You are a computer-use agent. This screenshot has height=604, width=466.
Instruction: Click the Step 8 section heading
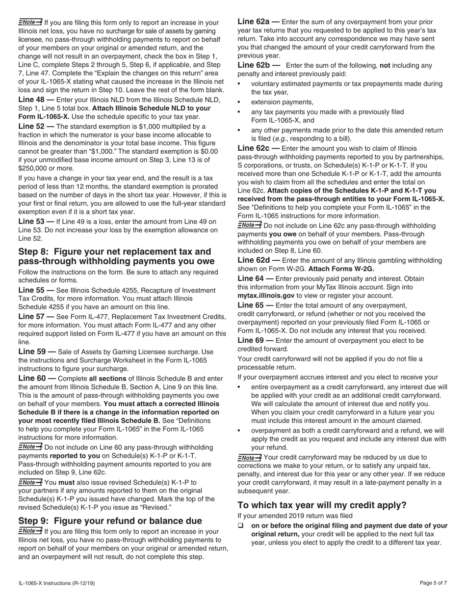(x=116, y=256)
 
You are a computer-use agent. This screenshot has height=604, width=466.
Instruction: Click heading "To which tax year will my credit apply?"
(x=322, y=505)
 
